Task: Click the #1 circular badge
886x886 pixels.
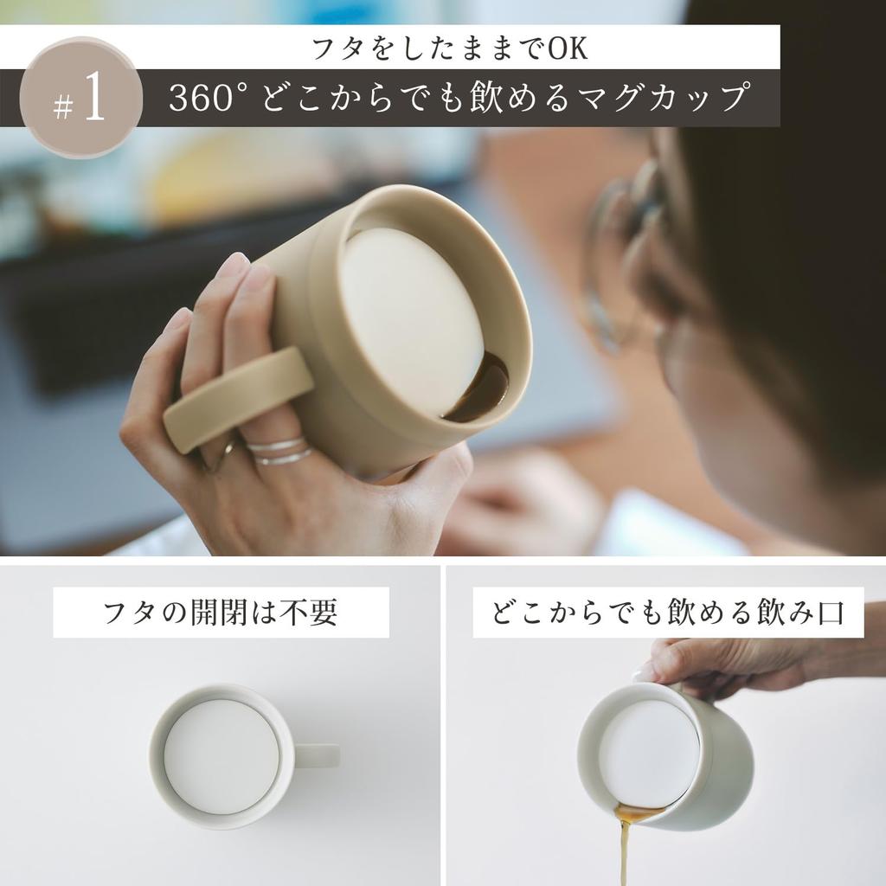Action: tap(80, 98)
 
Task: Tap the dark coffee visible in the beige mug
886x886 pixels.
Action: tap(480, 394)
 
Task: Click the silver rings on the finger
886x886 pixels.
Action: tap(279, 451)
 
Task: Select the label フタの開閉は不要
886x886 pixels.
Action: tap(221, 613)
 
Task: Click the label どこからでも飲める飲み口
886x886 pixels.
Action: tap(667, 613)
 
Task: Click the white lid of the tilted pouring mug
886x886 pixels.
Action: tap(648, 752)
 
